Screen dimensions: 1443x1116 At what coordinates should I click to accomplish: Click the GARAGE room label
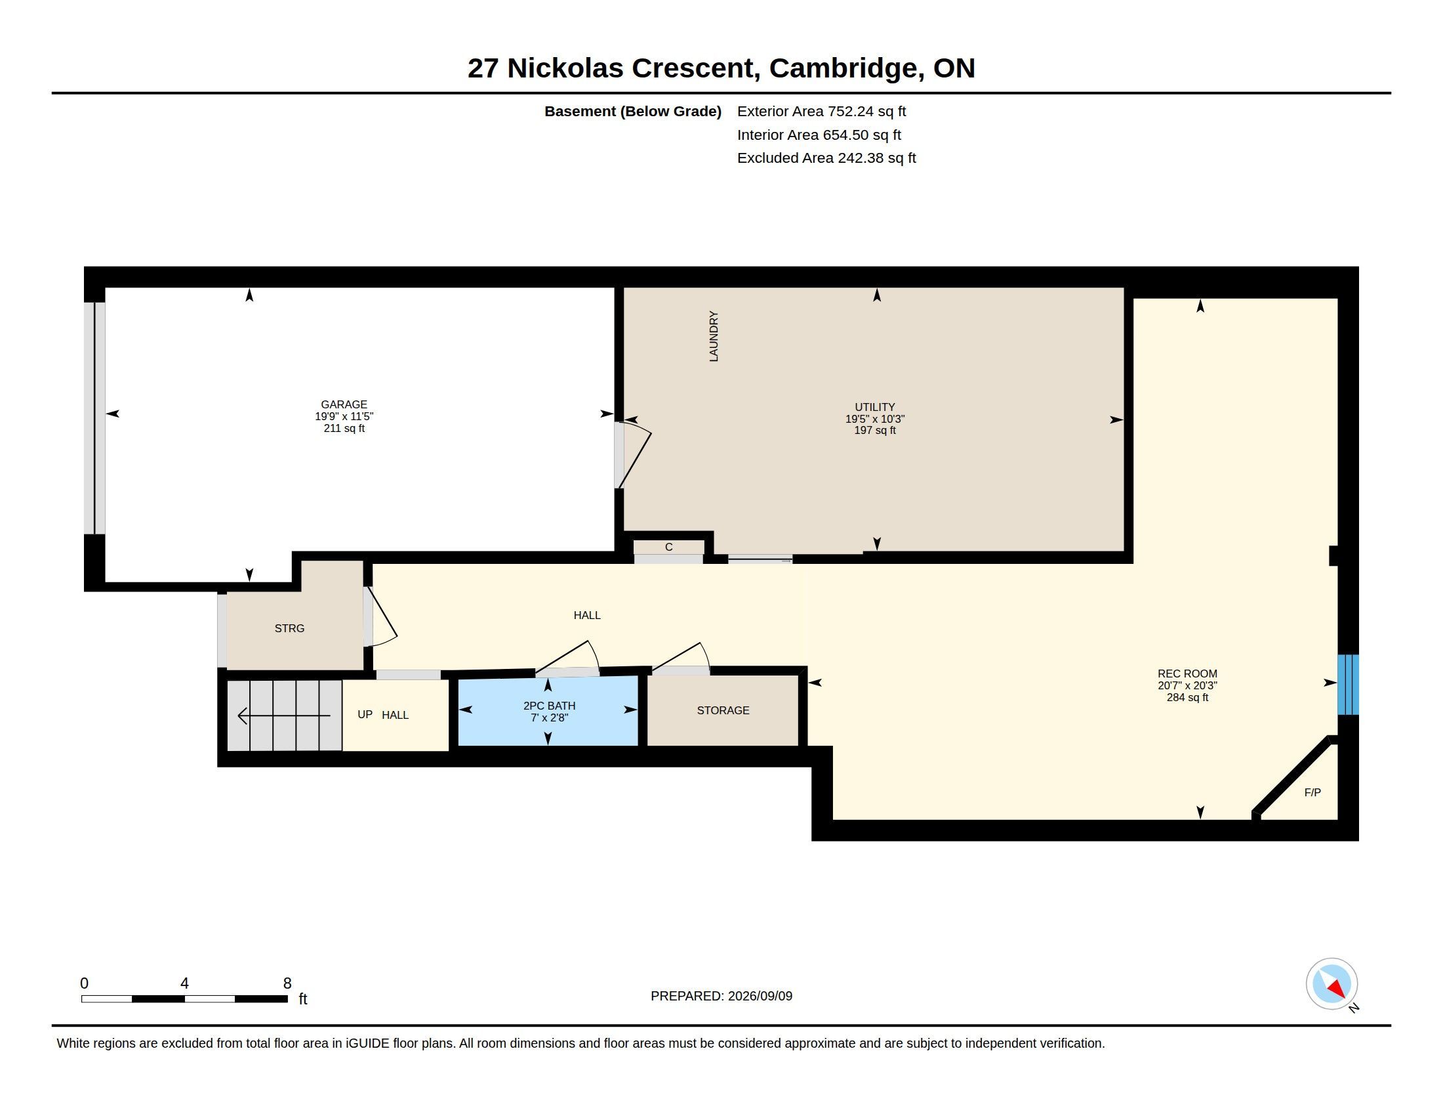[344, 404]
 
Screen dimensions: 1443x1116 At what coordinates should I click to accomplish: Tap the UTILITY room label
[875, 407]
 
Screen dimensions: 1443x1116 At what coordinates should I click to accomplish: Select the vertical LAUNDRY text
[714, 337]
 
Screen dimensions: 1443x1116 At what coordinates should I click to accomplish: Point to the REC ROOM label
[1187, 674]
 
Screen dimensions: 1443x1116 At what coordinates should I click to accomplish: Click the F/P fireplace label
[1312, 792]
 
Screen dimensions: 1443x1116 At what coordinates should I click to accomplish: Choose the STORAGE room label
[723, 710]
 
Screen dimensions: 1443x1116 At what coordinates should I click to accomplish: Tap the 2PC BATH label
[549, 706]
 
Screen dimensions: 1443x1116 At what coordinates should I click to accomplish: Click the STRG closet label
[289, 628]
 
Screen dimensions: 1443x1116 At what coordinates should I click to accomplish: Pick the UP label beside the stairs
[365, 714]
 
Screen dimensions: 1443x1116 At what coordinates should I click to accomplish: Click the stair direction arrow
[284, 716]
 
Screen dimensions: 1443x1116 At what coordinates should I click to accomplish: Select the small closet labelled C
[668, 547]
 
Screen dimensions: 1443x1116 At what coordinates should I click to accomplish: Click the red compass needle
[1337, 989]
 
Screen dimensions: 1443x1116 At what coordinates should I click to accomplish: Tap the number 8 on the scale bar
[287, 983]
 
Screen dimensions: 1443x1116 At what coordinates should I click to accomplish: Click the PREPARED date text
[721, 996]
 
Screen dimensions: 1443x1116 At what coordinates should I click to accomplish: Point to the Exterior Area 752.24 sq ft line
[821, 112]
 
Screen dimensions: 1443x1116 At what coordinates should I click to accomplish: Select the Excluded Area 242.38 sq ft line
[826, 158]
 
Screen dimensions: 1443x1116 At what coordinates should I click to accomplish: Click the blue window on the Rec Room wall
[1348, 685]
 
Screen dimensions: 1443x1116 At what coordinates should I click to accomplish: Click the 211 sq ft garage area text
[344, 429]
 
